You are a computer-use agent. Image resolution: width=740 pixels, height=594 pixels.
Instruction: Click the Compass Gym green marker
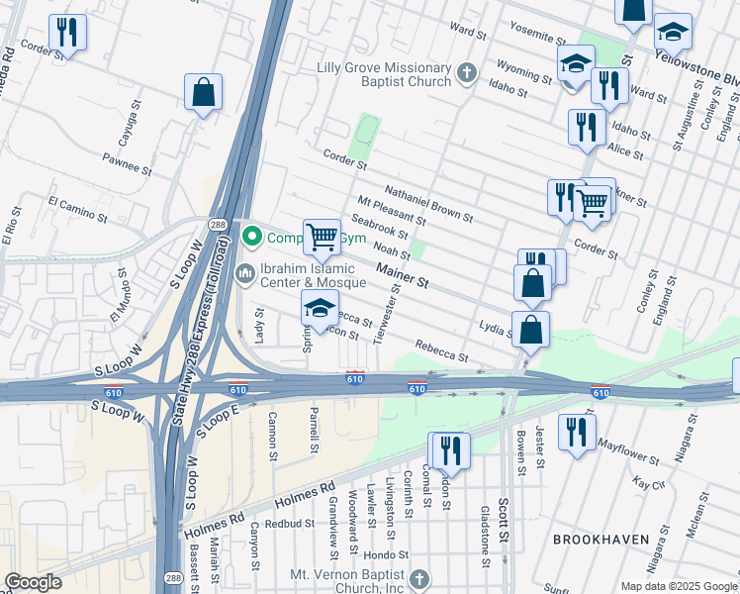[x=252, y=237]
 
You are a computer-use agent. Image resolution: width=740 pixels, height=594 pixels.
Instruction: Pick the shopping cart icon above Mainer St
[x=322, y=237]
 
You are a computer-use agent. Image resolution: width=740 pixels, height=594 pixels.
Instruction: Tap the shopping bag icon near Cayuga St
[x=203, y=92]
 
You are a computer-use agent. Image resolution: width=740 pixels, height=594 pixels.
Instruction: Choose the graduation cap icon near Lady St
[x=320, y=308]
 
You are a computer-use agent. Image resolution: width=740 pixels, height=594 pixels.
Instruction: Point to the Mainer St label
[x=402, y=275]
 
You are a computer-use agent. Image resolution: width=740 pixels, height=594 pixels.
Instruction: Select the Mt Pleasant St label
[x=392, y=210]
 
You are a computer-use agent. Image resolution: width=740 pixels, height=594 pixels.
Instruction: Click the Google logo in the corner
[x=34, y=582]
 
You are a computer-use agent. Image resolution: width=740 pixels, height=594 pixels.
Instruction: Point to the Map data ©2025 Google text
[x=678, y=586]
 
